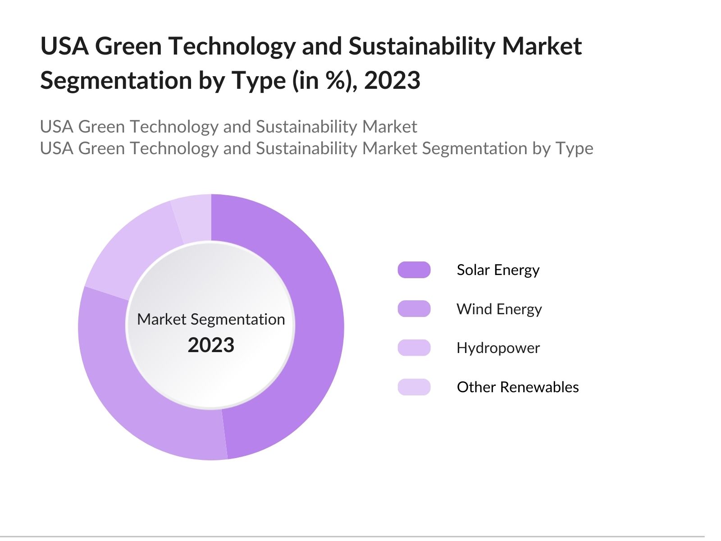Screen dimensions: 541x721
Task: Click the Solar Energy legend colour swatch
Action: point(414,270)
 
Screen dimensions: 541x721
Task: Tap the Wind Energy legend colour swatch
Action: point(414,309)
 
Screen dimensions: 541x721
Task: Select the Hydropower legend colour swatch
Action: point(414,348)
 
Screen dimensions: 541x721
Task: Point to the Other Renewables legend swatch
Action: point(414,387)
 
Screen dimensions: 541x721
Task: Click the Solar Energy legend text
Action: point(498,270)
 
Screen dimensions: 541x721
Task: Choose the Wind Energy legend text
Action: point(499,309)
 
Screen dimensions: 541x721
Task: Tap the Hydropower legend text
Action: point(498,348)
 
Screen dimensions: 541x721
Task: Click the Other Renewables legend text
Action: point(517,387)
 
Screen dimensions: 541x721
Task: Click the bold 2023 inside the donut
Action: point(211,345)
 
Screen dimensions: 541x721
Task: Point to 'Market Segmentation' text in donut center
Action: point(211,319)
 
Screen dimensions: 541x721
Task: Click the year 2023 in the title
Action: point(392,80)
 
